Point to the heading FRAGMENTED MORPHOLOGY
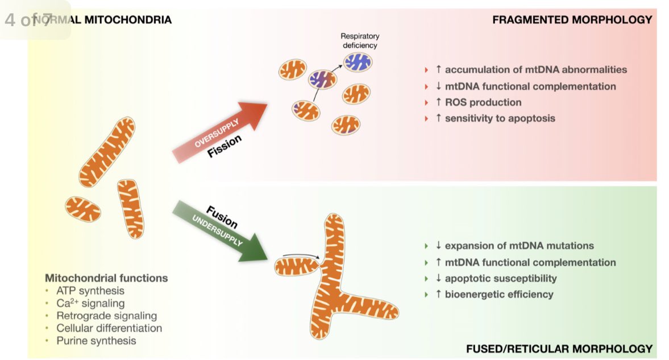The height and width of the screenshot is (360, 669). [x=572, y=20]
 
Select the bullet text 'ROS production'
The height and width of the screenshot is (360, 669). [x=483, y=102]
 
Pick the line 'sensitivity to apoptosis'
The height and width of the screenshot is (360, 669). [x=500, y=118]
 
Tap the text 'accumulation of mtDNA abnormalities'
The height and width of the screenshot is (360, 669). [x=535, y=69]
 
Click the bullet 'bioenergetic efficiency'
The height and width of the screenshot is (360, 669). [x=498, y=294]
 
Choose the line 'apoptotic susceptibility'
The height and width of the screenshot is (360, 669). [x=500, y=278]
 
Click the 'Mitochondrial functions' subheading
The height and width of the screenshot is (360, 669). [x=106, y=278]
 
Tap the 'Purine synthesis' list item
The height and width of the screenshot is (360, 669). [x=96, y=341]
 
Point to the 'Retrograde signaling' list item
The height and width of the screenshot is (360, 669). [x=106, y=316]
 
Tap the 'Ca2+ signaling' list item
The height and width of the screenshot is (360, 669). [x=90, y=303]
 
